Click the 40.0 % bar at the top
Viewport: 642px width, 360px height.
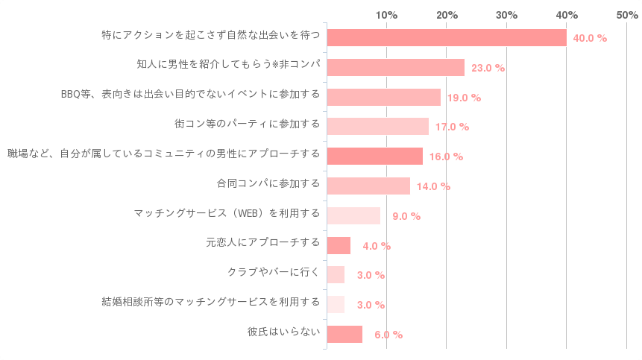tap(447, 37)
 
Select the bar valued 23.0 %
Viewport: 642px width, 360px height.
tap(396, 67)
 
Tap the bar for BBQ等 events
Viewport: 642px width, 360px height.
tap(384, 97)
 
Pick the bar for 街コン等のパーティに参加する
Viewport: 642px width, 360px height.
tap(378, 126)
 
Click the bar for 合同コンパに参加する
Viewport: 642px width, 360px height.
tap(369, 186)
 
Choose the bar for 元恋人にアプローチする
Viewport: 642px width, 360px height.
tap(339, 245)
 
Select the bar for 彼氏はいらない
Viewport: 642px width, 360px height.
tap(345, 334)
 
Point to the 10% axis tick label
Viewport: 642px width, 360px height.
tap(386, 15)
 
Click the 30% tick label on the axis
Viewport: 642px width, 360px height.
tap(506, 15)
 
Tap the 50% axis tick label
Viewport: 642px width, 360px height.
tap(626, 15)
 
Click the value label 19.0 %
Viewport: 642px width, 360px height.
tap(465, 98)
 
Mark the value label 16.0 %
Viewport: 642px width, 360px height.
tap(447, 157)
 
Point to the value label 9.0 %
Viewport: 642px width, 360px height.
tap(406, 216)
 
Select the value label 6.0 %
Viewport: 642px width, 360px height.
tap(388, 335)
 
